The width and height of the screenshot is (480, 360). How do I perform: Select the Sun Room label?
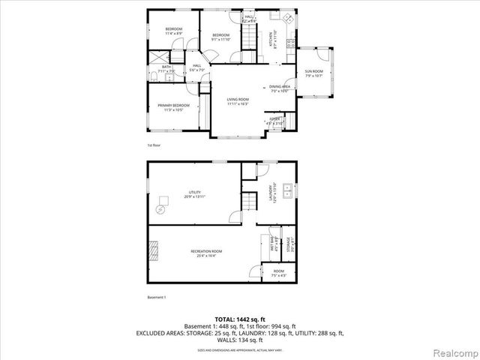[x=313, y=73]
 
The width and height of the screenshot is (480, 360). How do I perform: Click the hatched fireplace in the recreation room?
[x=155, y=250]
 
